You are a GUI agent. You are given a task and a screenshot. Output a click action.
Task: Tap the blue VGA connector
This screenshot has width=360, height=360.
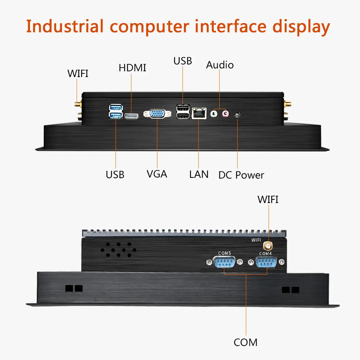[157, 114]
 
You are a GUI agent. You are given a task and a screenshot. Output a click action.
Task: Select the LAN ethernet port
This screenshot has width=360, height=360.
[199, 113]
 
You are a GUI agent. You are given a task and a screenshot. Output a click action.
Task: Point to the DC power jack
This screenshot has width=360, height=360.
[237, 115]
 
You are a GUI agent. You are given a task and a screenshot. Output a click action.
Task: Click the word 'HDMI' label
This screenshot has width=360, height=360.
[132, 68]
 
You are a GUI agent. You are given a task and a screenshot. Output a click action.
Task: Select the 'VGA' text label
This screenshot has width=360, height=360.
[157, 174]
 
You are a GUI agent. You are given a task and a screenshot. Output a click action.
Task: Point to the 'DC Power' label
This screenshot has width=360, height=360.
[241, 175]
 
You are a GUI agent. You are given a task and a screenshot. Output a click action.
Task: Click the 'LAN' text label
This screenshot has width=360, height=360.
[199, 174]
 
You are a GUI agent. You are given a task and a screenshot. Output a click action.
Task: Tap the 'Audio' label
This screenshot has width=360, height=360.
[220, 65]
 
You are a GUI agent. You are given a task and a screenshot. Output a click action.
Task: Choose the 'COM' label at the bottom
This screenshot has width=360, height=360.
[246, 342]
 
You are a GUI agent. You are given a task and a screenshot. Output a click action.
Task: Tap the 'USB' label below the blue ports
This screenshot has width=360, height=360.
[115, 175]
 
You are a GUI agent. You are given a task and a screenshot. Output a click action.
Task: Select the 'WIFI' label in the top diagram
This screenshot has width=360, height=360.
[78, 74]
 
